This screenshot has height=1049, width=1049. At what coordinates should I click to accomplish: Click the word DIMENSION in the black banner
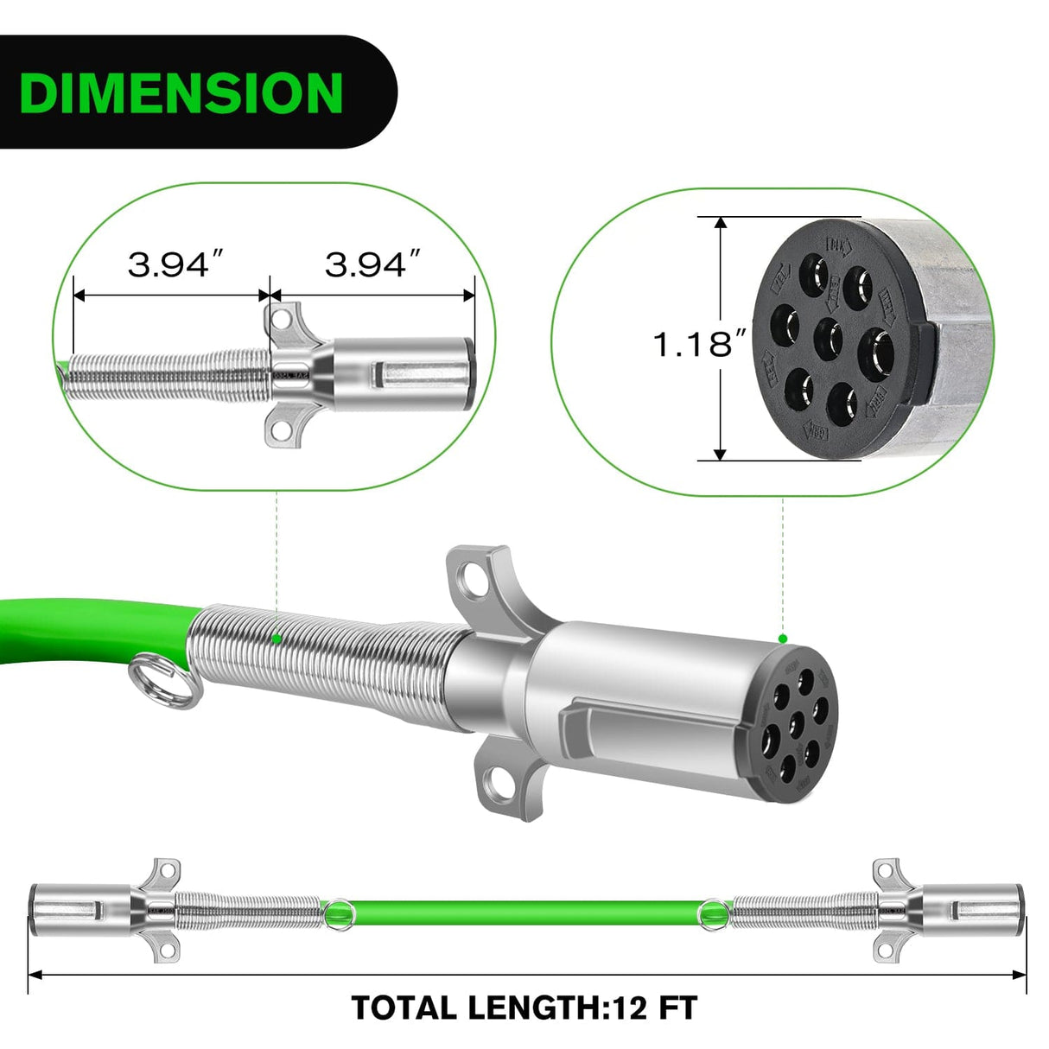(x=181, y=92)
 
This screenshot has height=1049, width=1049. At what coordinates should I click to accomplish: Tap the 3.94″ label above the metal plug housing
(x=373, y=264)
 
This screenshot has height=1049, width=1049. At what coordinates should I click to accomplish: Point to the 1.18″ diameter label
(x=699, y=345)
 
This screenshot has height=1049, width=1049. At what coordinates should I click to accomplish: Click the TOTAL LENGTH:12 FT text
(x=524, y=1008)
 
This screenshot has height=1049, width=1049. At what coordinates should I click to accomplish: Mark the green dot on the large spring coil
(x=276, y=639)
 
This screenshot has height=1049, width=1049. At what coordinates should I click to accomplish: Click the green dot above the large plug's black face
(x=783, y=639)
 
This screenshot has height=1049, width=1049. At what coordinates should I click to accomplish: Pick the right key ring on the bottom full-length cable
(x=712, y=910)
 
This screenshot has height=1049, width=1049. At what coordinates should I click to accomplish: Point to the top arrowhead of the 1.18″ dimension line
(x=720, y=222)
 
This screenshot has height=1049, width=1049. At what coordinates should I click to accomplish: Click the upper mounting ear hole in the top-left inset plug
(x=279, y=319)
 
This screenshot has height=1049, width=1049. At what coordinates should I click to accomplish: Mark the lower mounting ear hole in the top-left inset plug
(x=278, y=425)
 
